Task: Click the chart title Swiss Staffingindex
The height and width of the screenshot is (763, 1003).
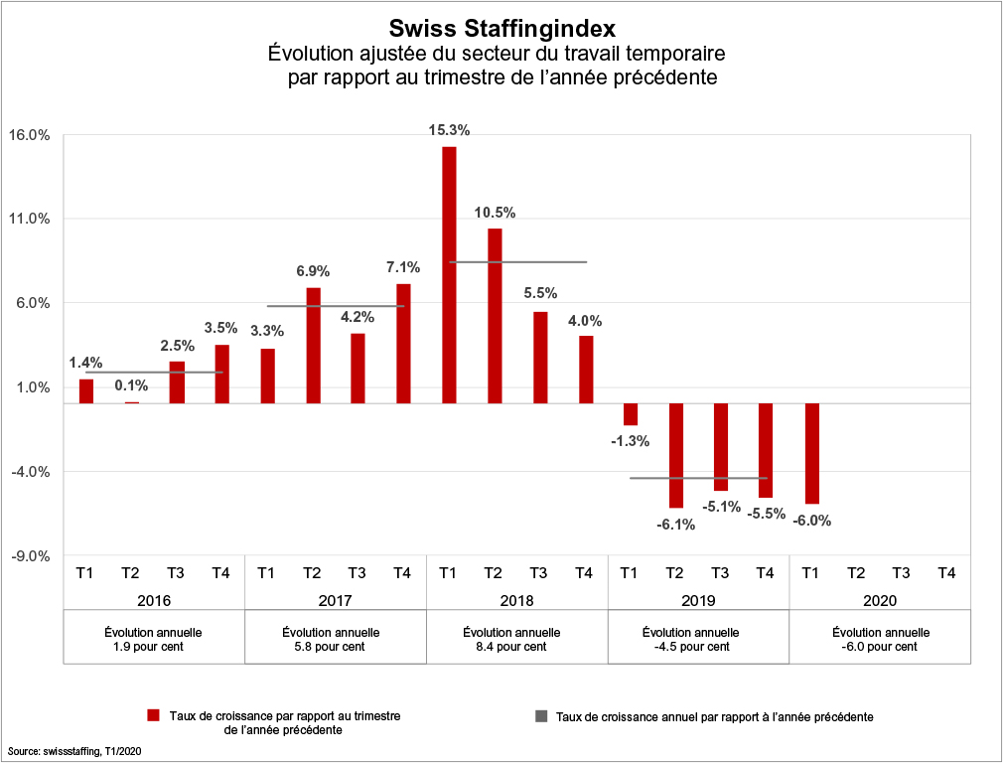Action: tap(502, 28)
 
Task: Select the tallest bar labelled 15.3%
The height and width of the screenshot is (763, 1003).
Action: tap(449, 274)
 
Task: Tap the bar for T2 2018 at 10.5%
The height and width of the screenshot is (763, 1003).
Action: tap(494, 315)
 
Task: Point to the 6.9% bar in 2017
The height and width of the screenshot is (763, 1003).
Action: tap(313, 345)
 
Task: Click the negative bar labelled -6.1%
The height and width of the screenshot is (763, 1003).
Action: tap(676, 455)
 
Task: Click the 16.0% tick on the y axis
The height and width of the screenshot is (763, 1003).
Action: tap(30, 135)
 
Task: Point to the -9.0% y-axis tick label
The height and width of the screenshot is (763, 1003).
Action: tap(30, 556)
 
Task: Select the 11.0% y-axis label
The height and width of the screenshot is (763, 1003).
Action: tap(30, 220)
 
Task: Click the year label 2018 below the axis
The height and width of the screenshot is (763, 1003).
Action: tap(516, 600)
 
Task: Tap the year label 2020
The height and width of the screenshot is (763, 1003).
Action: tap(879, 600)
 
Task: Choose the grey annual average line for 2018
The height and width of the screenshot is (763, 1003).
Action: tap(517, 262)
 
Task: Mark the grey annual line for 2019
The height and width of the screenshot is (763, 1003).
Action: tap(698, 478)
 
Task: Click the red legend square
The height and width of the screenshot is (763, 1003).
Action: tap(153, 715)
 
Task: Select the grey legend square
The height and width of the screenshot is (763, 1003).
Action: tap(540, 715)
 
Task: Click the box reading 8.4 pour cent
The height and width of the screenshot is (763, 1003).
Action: tap(516, 639)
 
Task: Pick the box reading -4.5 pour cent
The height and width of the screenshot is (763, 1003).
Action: tap(698, 639)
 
